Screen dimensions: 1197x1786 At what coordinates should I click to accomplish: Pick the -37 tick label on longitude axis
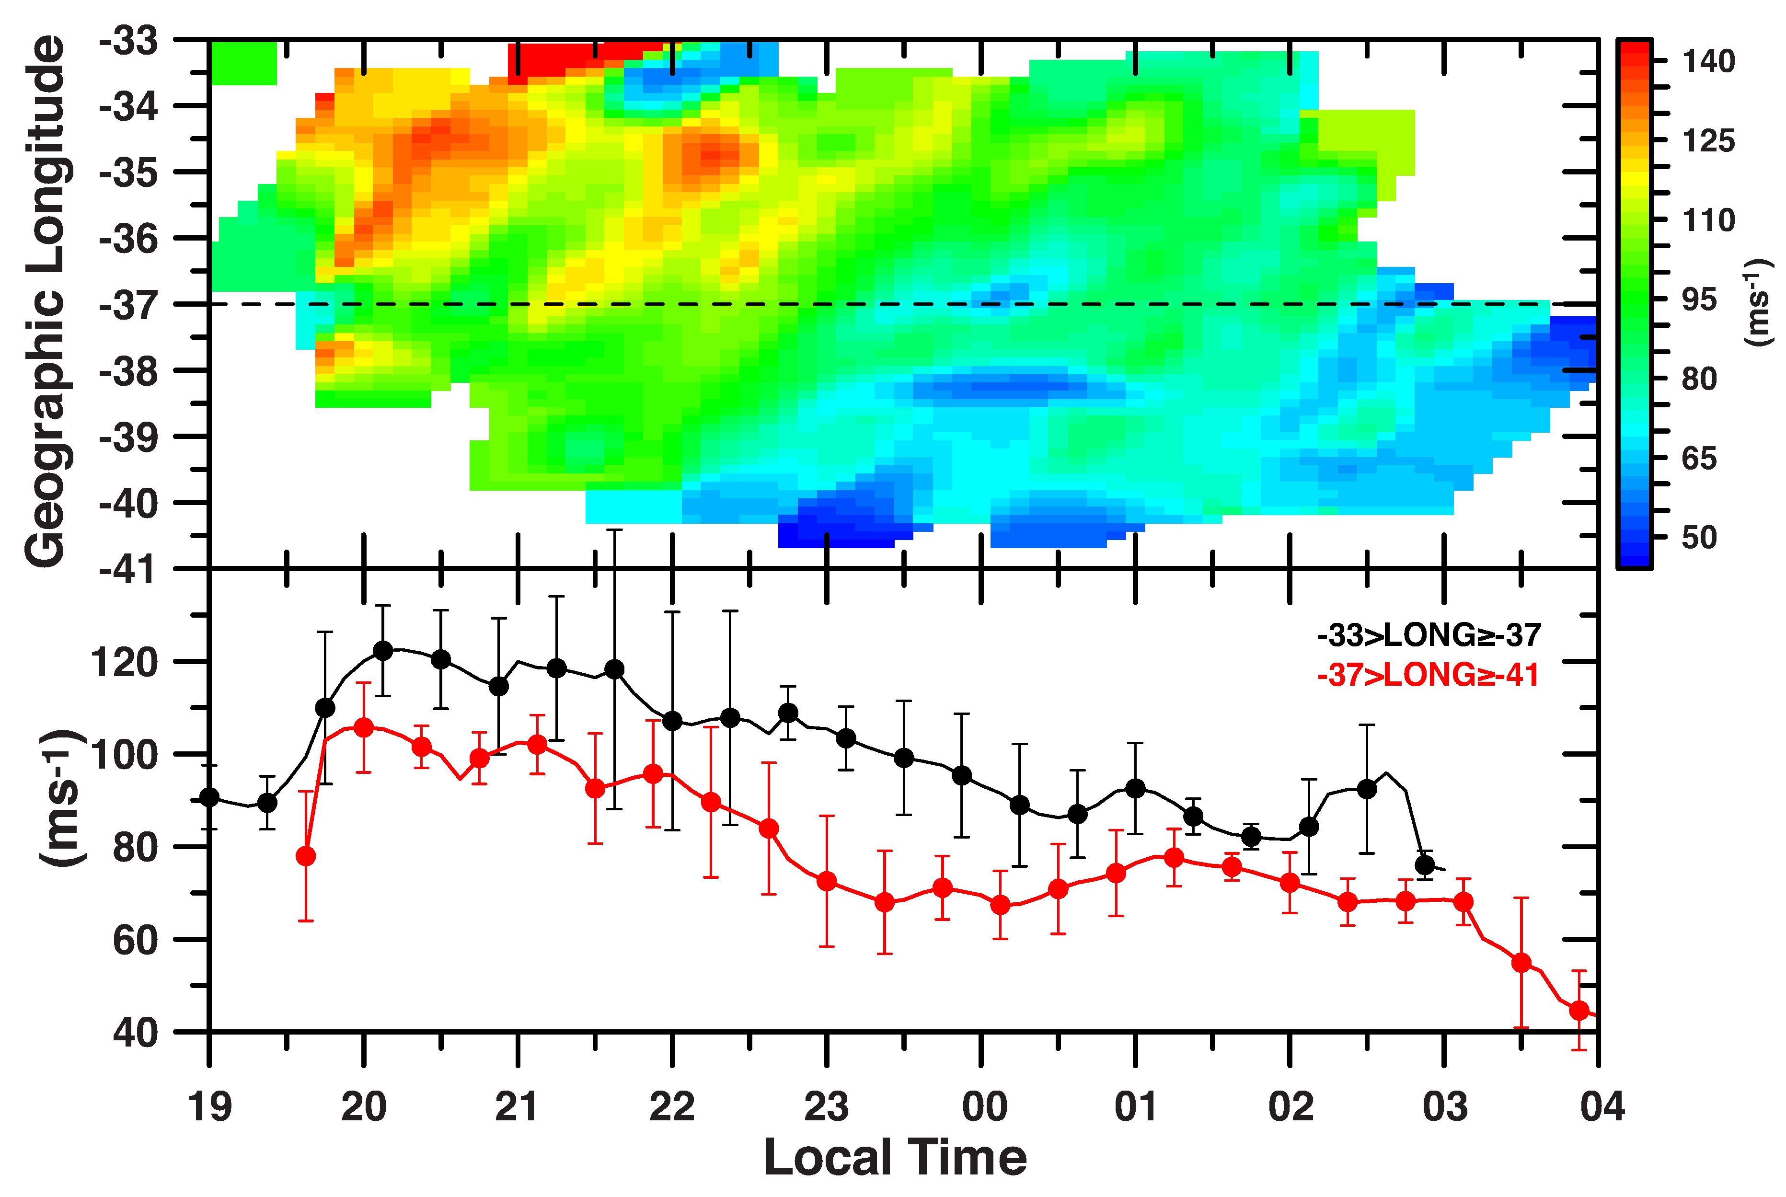128,305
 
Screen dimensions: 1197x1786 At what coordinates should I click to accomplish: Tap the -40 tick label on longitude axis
128,504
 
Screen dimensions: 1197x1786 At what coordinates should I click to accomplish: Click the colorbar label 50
1698,538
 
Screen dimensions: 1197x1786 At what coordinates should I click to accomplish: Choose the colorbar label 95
1698,299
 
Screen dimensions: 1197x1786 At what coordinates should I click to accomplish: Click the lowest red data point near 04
1579,1011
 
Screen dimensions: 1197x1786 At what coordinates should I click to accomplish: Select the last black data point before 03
1424,865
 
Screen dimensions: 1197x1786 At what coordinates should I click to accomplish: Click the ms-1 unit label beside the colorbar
1759,302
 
